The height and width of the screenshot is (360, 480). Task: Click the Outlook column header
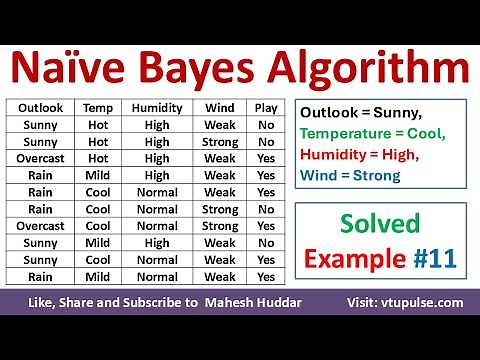pos(40,107)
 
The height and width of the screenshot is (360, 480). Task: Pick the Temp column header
pos(98,107)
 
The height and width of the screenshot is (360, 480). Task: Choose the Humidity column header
pos(158,107)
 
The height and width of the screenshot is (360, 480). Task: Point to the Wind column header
pos(220,107)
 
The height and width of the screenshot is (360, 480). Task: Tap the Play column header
pos(266,107)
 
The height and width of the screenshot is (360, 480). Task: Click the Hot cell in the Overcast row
pos(98,158)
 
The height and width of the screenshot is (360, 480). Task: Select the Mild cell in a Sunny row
pos(98,243)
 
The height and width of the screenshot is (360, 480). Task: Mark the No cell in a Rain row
pos(266,209)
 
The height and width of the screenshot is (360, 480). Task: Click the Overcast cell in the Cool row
pos(40,226)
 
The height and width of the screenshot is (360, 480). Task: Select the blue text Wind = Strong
pos(350,176)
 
